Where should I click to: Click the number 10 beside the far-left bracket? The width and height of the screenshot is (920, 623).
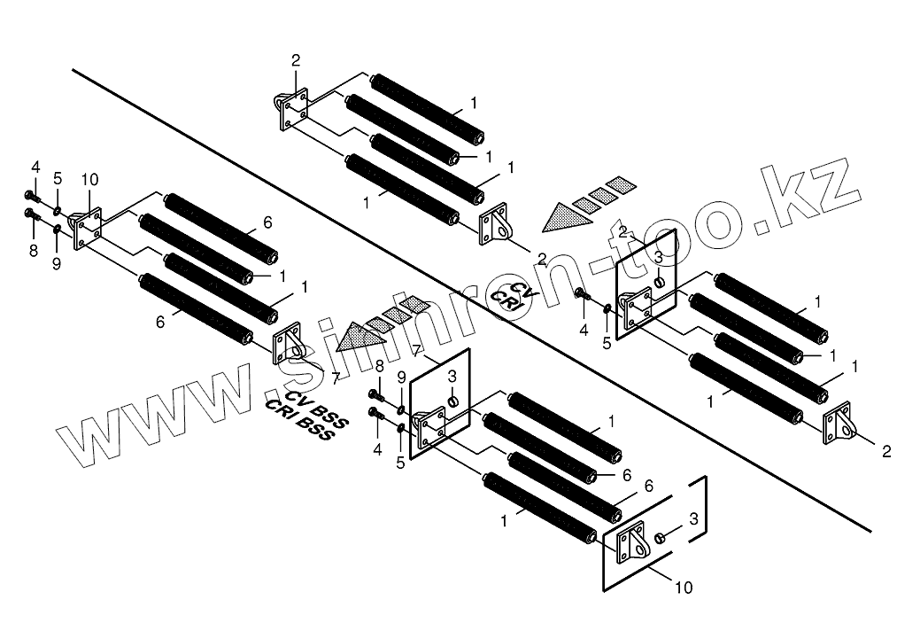pos(89,180)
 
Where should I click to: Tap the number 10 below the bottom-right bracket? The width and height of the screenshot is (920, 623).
pos(685,587)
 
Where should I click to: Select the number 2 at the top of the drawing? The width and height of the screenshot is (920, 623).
pos(296,60)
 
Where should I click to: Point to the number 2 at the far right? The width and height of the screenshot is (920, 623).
pos(886,451)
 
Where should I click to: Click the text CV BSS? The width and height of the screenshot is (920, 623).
pos(317,408)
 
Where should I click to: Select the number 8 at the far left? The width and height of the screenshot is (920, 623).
pos(34,251)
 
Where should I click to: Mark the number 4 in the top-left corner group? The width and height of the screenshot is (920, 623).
pos(35,167)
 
